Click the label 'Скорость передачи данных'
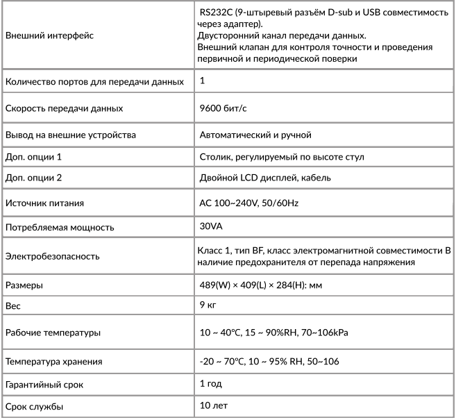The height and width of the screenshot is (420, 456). pos(65,108)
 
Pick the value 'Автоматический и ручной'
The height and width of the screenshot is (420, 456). pos(255,133)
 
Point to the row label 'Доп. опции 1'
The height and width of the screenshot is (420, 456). pos(33,156)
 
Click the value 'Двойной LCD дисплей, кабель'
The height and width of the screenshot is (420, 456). pos(265,178)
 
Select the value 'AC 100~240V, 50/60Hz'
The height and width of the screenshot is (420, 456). pos(249,203)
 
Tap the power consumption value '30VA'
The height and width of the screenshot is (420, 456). pos(211,226)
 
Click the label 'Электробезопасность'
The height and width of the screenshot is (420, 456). pos(52,255)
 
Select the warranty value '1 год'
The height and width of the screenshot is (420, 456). pos(211,383)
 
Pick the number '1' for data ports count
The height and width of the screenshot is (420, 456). pos(202,81)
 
